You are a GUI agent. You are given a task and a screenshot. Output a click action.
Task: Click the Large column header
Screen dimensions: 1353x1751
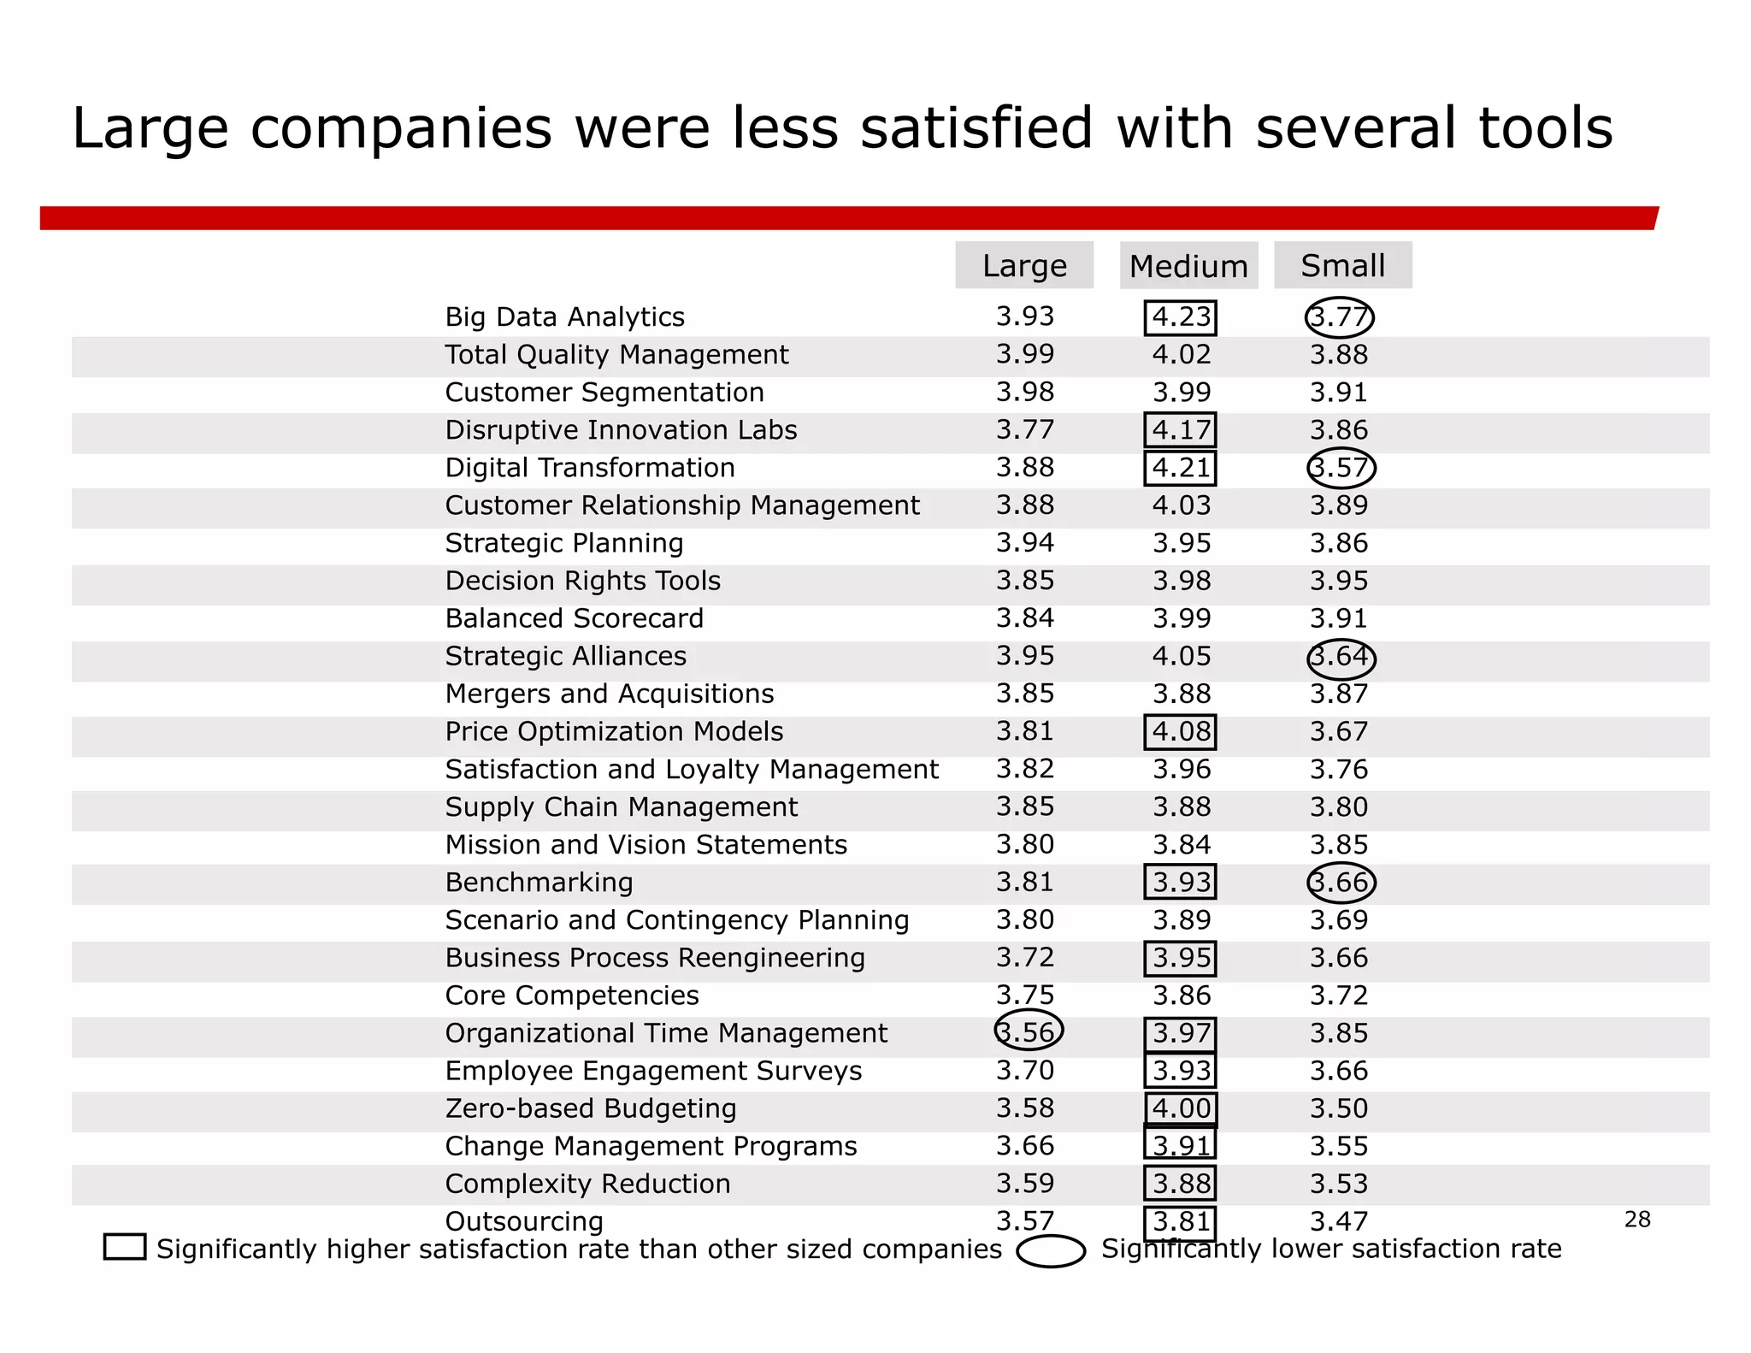click(1024, 266)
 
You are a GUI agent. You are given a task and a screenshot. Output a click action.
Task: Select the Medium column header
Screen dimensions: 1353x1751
click(1188, 266)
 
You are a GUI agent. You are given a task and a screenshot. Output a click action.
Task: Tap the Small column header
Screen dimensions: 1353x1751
click(1342, 266)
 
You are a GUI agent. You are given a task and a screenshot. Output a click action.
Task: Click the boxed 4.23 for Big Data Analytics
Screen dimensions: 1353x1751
click(1181, 317)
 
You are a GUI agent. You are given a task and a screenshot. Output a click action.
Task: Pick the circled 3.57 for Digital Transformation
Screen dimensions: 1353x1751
click(1341, 468)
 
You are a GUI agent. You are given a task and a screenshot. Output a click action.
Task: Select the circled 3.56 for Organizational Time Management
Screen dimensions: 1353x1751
click(1028, 1031)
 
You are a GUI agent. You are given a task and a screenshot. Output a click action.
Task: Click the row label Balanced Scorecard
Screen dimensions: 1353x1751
click(574, 618)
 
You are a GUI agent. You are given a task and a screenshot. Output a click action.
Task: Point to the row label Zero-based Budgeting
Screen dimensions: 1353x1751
click(590, 1108)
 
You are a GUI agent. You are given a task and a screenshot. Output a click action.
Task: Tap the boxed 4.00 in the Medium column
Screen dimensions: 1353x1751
click(1181, 1108)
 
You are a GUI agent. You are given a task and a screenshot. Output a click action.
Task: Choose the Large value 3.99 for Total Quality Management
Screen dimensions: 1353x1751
click(1024, 354)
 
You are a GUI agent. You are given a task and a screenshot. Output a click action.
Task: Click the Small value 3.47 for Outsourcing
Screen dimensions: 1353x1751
click(1339, 1221)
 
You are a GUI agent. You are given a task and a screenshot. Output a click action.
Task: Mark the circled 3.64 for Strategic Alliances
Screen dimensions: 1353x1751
click(1341, 657)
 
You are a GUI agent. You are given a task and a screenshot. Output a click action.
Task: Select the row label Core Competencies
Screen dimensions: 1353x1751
click(571, 996)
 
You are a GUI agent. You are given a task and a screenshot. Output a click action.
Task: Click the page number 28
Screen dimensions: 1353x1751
click(1636, 1220)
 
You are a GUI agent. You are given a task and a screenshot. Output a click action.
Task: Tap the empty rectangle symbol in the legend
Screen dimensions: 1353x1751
click(125, 1247)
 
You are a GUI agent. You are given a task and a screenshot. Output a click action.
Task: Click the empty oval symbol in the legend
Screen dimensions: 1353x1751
click(1051, 1250)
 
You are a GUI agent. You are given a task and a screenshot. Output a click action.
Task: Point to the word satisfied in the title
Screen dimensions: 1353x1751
click(976, 128)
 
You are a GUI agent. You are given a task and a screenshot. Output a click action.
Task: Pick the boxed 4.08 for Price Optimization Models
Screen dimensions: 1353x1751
click(1181, 732)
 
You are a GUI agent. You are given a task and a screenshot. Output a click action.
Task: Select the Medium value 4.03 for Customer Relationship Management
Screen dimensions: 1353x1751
click(1181, 505)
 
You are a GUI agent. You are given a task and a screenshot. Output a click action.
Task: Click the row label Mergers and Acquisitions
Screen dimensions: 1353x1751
click(609, 694)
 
